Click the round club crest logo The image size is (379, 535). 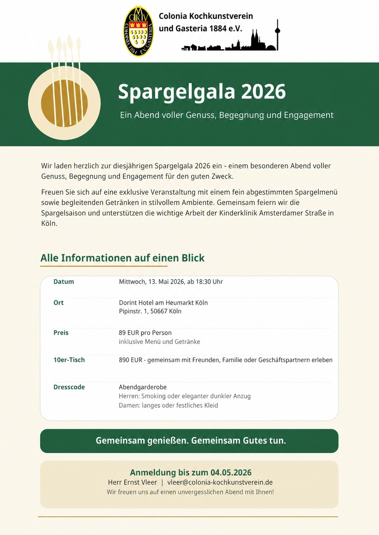[138, 31]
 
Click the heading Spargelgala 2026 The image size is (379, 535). [202, 91]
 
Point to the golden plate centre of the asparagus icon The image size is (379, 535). [64, 103]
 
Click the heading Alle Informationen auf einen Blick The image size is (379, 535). [122, 258]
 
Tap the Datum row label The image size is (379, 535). [64, 282]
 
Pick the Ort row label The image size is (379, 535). [59, 303]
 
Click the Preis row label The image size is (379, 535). [61, 333]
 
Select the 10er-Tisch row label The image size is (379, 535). [69, 360]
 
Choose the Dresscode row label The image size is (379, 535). [69, 387]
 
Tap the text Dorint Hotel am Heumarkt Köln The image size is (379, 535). [163, 303]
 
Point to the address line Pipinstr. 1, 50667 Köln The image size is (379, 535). [150, 311]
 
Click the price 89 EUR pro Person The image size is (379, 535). [145, 333]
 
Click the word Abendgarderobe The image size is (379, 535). [143, 387]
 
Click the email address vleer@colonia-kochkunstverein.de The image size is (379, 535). [220, 482]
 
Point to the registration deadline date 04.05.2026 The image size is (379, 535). [231, 473]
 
